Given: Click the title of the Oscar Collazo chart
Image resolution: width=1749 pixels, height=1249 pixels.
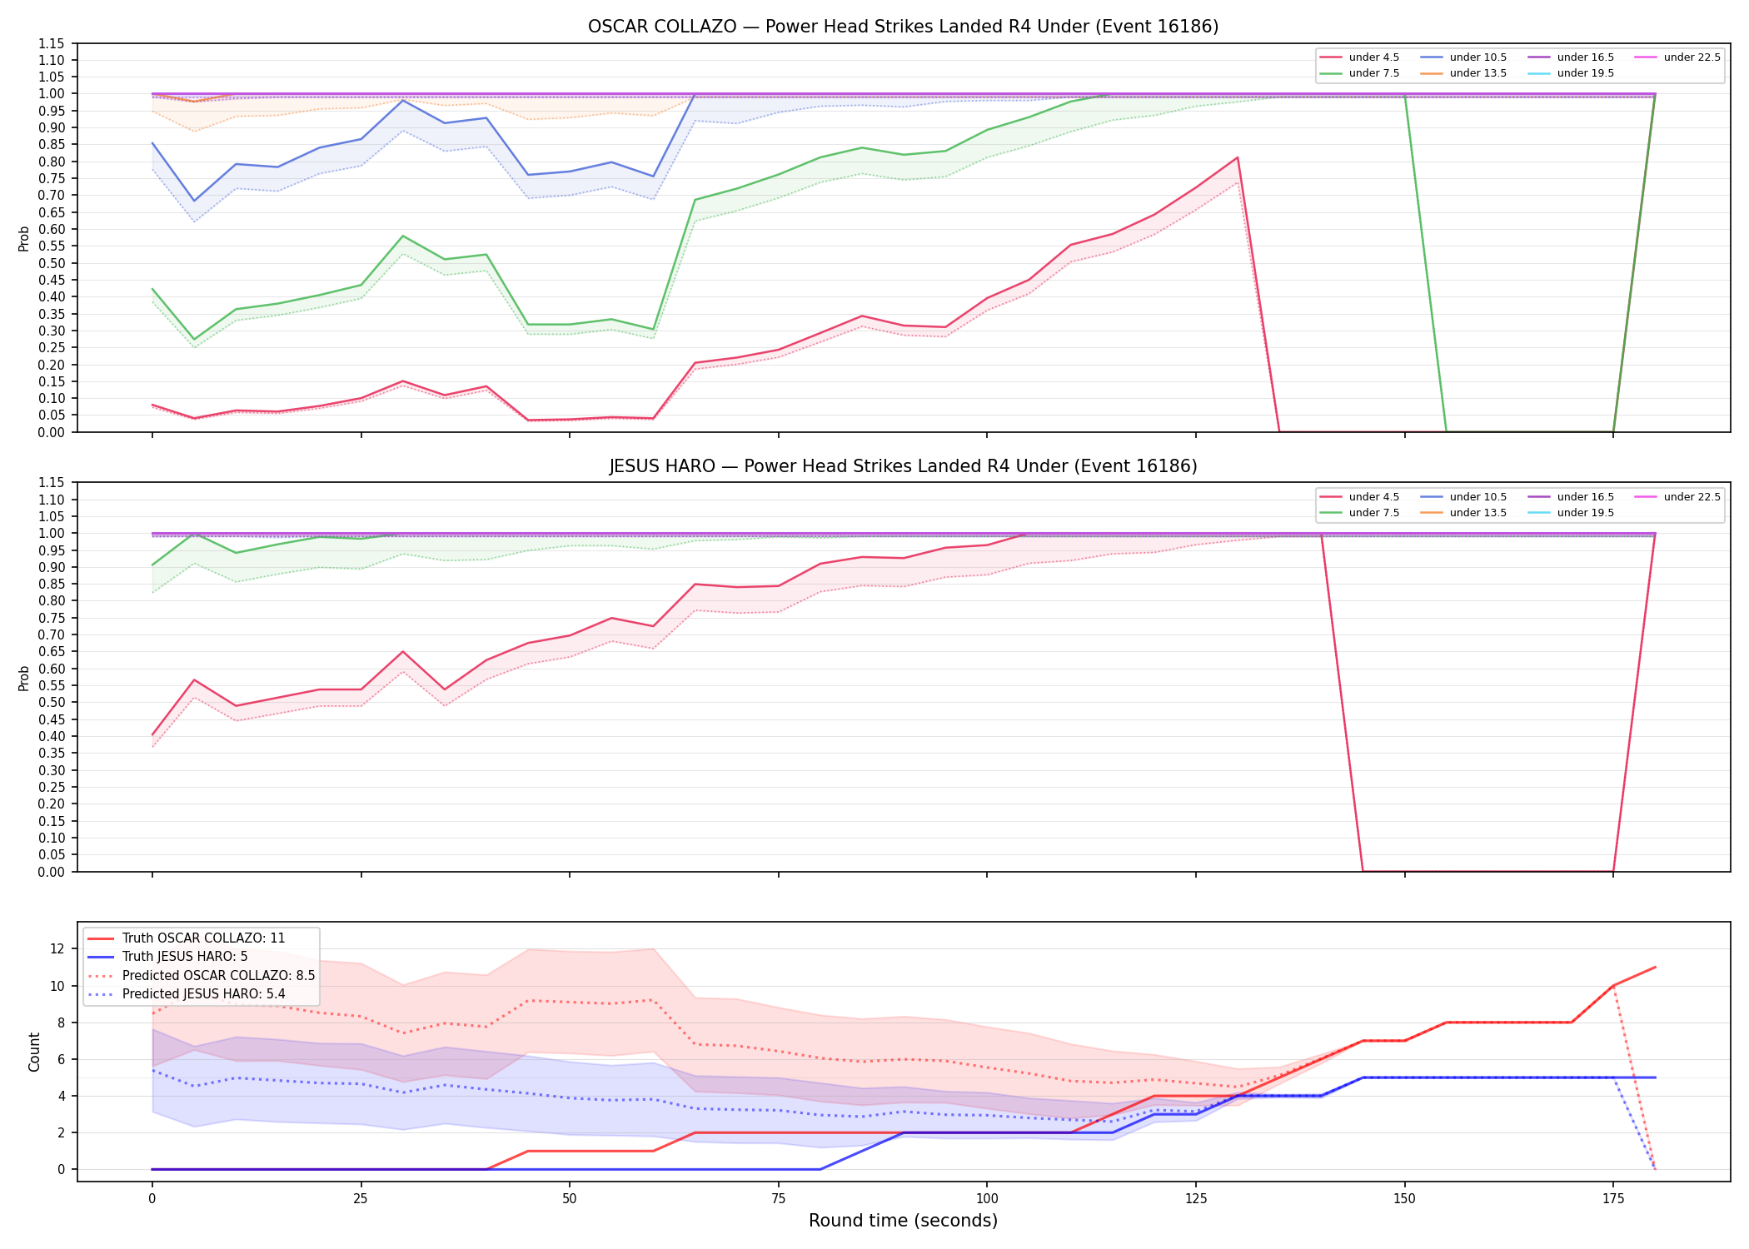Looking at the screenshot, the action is pos(903,27).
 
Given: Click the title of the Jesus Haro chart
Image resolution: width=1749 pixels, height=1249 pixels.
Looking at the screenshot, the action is pos(903,466).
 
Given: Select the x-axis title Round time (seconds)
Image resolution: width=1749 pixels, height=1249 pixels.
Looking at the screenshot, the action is pos(903,1221).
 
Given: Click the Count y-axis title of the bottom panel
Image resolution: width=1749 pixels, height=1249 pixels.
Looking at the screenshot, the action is pos(34,1052).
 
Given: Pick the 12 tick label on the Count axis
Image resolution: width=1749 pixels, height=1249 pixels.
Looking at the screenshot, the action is pos(57,948).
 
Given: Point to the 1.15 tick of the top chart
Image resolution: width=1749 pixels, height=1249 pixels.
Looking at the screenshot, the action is pos(52,43).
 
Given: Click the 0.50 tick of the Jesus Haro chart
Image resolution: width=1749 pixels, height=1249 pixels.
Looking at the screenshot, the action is pos(52,702).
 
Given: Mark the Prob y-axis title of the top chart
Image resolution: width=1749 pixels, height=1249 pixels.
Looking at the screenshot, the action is pos(24,238).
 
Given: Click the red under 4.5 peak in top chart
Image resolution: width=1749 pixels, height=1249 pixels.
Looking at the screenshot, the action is pos(1238,157).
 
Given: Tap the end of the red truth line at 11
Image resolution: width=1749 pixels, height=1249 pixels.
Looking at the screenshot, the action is pos(1655,967).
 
